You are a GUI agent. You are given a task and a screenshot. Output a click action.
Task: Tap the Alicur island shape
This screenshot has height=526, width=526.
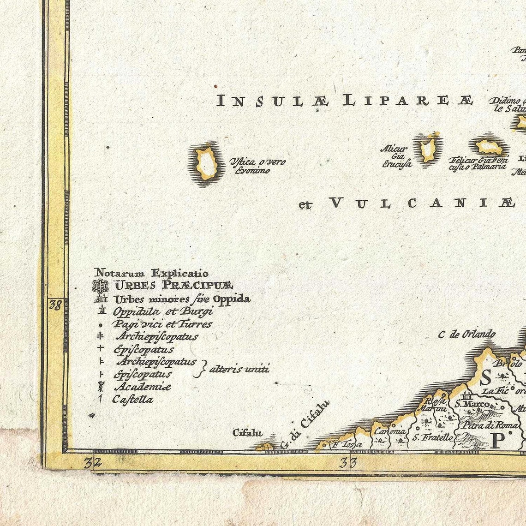click(x=427, y=148)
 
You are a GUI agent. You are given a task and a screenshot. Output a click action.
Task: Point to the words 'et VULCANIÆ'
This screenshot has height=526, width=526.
click(x=406, y=203)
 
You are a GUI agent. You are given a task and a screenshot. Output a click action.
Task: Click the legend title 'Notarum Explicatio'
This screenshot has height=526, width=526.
click(x=151, y=274)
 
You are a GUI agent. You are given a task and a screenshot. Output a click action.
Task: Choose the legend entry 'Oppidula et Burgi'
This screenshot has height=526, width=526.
click(x=163, y=311)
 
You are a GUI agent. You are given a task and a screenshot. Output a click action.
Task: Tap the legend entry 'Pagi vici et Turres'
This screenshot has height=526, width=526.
click(x=162, y=324)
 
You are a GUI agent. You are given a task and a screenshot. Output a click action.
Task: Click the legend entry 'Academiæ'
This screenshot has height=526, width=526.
click(x=142, y=387)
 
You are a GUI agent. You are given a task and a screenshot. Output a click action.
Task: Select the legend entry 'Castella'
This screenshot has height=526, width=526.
click(x=132, y=400)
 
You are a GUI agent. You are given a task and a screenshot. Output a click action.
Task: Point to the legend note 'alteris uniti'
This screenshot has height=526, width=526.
click(x=239, y=369)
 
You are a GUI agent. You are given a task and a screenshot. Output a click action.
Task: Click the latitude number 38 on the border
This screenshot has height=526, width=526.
click(x=55, y=305)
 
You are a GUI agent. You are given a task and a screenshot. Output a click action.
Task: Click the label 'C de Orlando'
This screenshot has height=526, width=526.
click(x=466, y=334)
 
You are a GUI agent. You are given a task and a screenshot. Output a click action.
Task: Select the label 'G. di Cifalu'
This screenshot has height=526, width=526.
click(x=305, y=425)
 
